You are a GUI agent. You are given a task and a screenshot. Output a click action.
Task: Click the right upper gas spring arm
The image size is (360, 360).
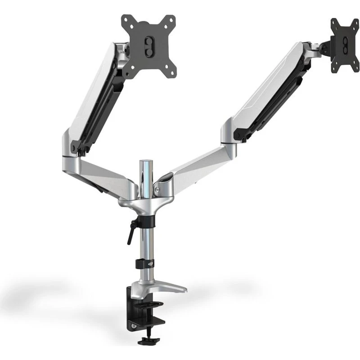pos(265,90)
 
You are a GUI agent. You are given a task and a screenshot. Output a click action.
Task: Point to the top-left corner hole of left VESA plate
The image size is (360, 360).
pos(126,21)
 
